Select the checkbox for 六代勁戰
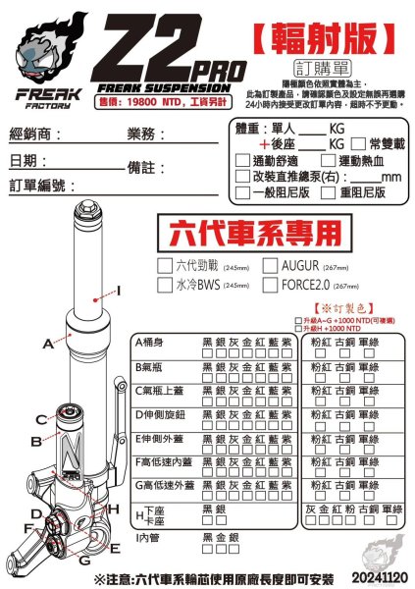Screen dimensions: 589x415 pos(165,264)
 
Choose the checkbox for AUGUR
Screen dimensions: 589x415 pos(271,264)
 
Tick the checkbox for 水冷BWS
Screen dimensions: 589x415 pos(165,286)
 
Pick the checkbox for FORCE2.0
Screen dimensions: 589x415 pos(271,286)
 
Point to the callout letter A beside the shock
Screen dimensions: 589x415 pos(47,345)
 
